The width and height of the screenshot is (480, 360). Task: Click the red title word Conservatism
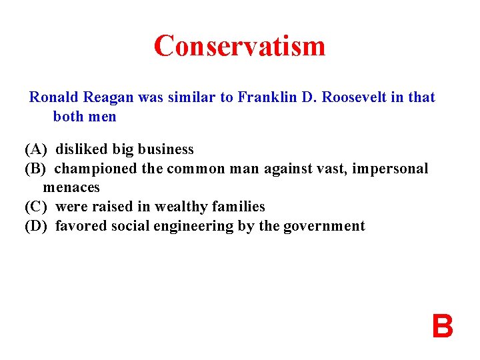239,46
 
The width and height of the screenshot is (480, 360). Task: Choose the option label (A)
36,149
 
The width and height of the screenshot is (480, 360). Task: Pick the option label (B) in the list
36,169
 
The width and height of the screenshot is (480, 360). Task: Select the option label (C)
36,207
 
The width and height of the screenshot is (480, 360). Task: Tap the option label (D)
36,226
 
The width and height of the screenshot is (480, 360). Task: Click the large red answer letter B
442,327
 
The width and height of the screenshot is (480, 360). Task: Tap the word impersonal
390,169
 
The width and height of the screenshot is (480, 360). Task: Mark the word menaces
71,187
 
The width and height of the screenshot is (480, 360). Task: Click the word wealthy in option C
177,207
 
